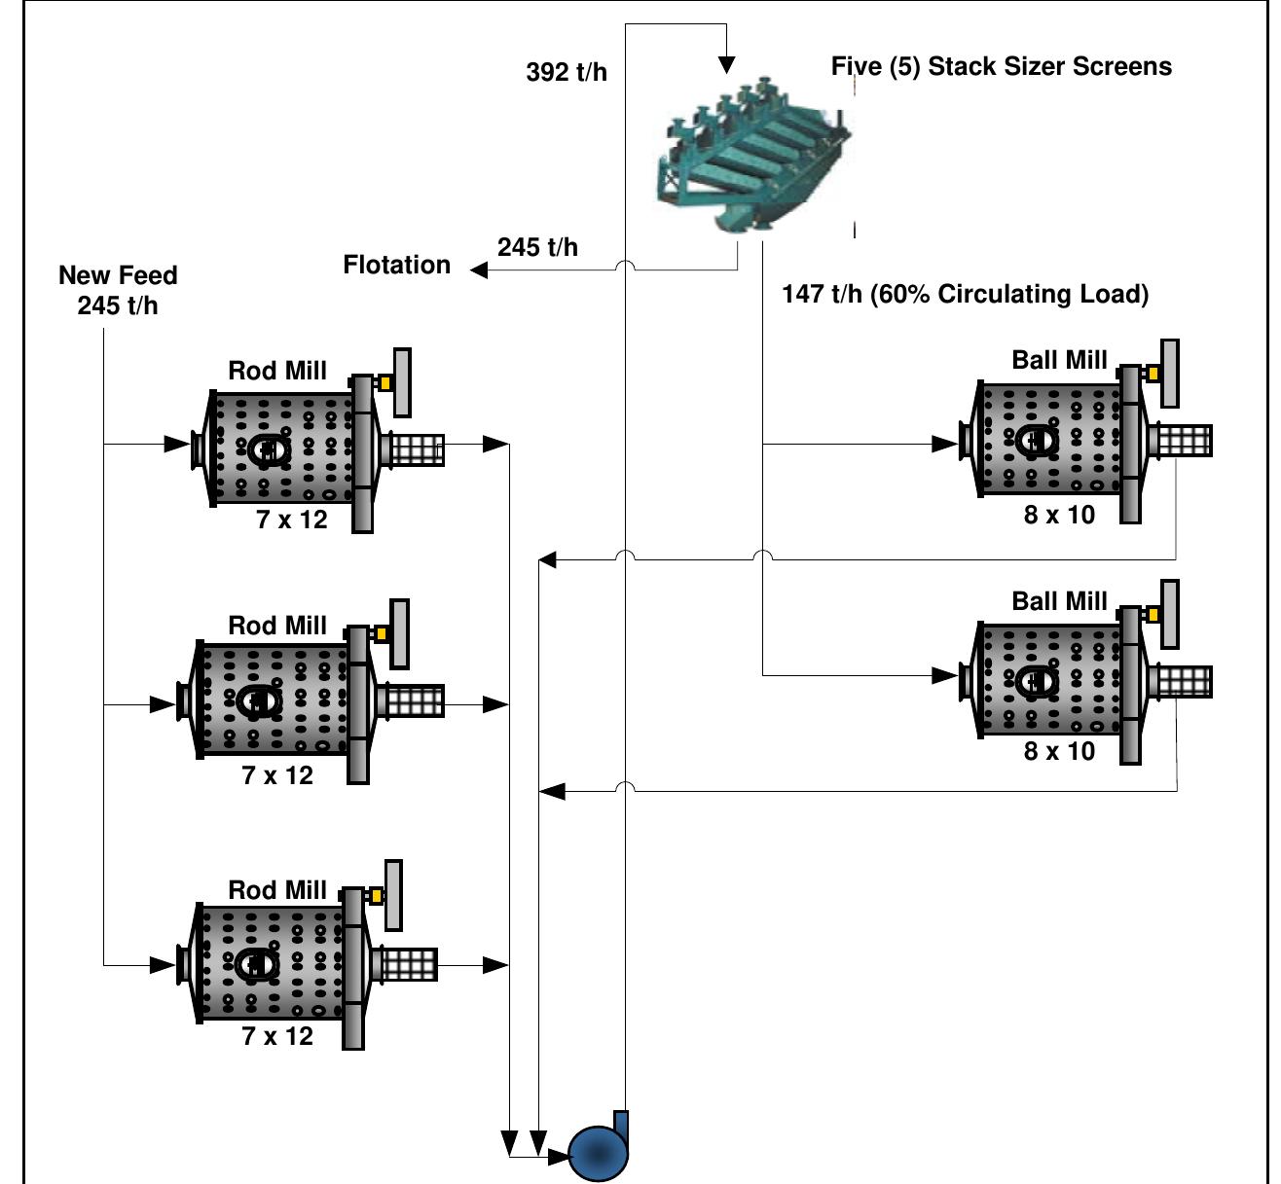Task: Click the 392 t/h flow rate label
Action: click(x=567, y=72)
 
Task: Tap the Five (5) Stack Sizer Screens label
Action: click(x=1001, y=66)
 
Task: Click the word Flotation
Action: click(x=397, y=265)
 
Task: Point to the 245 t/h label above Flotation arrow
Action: click(x=537, y=247)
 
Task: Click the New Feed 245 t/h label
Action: click(x=118, y=290)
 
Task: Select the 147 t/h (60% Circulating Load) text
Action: click(x=965, y=294)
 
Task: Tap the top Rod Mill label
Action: click(x=277, y=371)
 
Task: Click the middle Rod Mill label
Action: click(x=277, y=626)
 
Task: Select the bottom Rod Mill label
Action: click(x=277, y=890)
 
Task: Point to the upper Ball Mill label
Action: click(x=1059, y=360)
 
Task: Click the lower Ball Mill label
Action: click(x=1059, y=601)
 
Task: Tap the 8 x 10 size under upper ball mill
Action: click(x=1059, y=516)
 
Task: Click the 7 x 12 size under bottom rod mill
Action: click(x=277, y=1036)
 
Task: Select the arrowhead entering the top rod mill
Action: click(x=176, y=445)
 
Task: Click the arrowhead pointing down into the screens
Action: click(x=726, y=65)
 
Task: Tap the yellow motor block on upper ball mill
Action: click(x=1153, y=374)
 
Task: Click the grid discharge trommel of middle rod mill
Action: click(x=415, y=700)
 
